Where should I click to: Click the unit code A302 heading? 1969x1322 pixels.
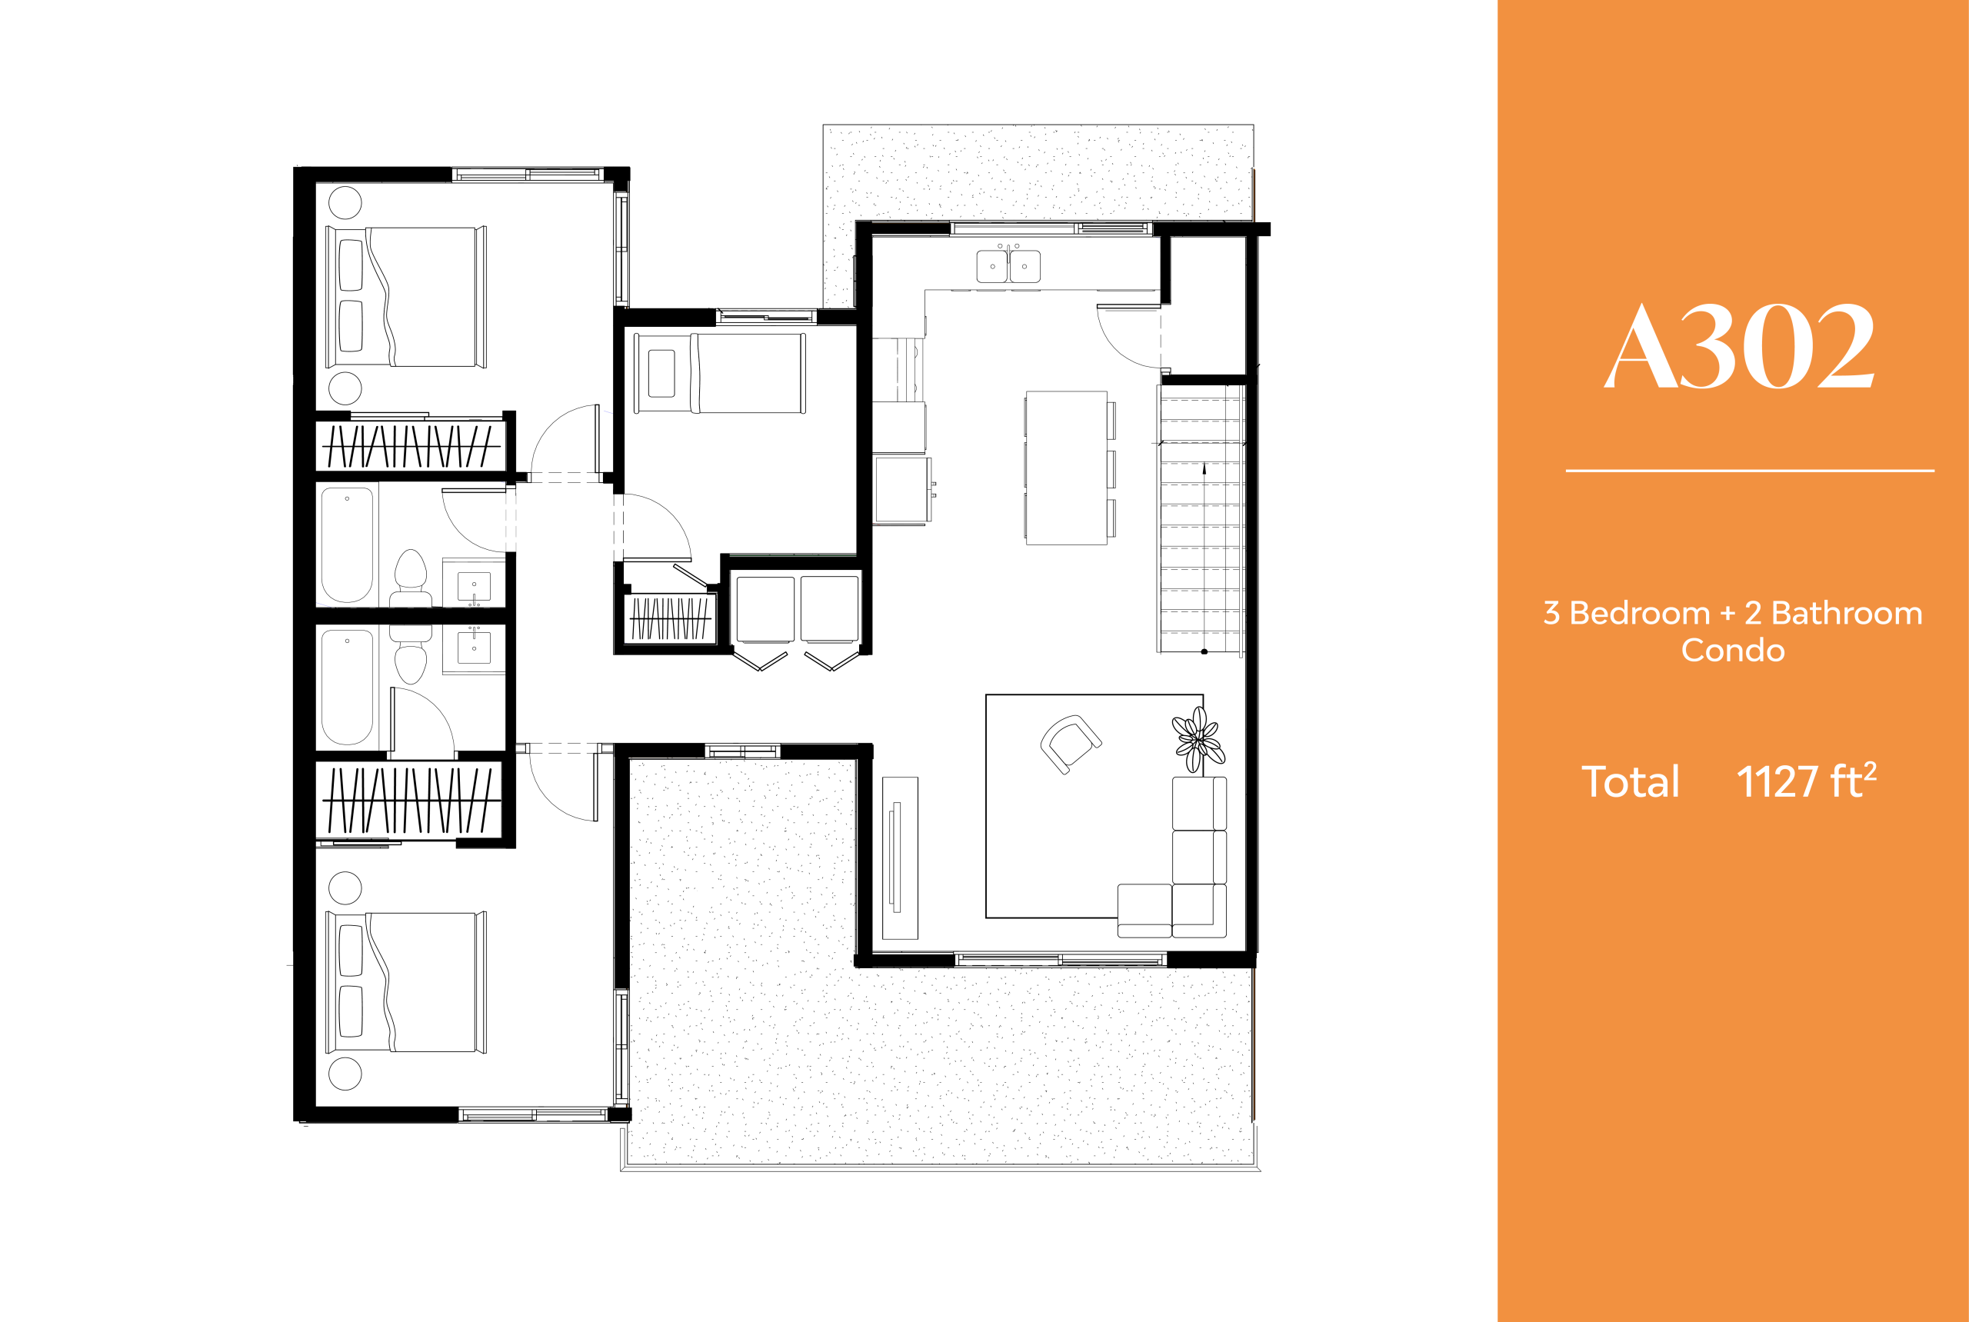tap(1739, 347)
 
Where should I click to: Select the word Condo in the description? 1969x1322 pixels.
tap(1733, 650)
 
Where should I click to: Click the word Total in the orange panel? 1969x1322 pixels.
tap(1630, 782)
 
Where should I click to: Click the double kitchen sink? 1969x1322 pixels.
tap(1008, 265)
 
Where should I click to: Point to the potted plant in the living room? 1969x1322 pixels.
tap(1198, 738)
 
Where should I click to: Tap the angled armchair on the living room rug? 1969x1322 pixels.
tap(1070, 743)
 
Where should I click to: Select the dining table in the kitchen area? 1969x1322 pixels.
tap(1066, 468)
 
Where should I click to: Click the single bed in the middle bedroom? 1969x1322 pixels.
tap(720, 373)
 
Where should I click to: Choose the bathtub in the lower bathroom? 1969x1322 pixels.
tap(347, 687)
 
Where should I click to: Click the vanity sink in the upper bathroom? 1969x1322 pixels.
tap(474, 585)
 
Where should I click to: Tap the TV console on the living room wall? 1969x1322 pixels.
tap(900, 857)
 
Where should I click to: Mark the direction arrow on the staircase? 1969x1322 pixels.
tap(1204, 469)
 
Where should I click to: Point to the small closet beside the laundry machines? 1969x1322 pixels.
tap(671, 619)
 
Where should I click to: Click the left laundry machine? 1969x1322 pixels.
tap(765, 610)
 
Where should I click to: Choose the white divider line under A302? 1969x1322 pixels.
tap(1749, 471)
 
